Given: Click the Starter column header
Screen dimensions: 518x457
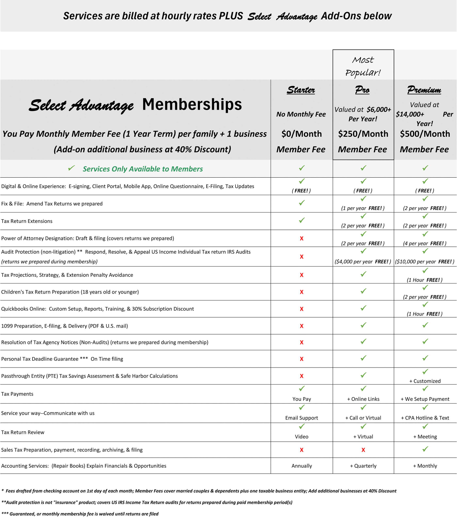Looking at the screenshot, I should pyautogui.click(x=301, y=90).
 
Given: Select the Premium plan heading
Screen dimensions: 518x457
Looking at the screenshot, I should pyautogui.click(x=424, y=90).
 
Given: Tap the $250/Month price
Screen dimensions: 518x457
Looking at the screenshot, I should pyautogui.click(x=363, y=134).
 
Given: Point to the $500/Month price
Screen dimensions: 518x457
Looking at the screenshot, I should pyautogui.click(x=425, y=134).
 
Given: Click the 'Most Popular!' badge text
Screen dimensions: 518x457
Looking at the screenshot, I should pyautogui.click(x=363, y=66).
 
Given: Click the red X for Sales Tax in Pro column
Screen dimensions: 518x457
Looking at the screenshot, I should pyautogui.click(x=363, y=450).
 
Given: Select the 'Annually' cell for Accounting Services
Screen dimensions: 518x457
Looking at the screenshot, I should pyautogui.click(x=301, y=466).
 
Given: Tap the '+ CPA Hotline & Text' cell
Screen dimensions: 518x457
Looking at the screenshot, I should pyautogui.click(x=425, y=418).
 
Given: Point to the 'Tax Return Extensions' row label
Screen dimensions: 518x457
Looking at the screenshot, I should pyautogui.click(x=27, y=221).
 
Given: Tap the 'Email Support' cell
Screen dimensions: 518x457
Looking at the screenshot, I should pyautogui.click(x=301, y=418).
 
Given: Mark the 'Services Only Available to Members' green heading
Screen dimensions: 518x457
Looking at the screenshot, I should pyautogui.click(x=143, y=169).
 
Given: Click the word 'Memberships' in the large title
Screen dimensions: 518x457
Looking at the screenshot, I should pyautogui.click(x=192, y=104).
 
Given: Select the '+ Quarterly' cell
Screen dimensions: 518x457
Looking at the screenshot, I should pyautogui.click(x=363, y=466).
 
